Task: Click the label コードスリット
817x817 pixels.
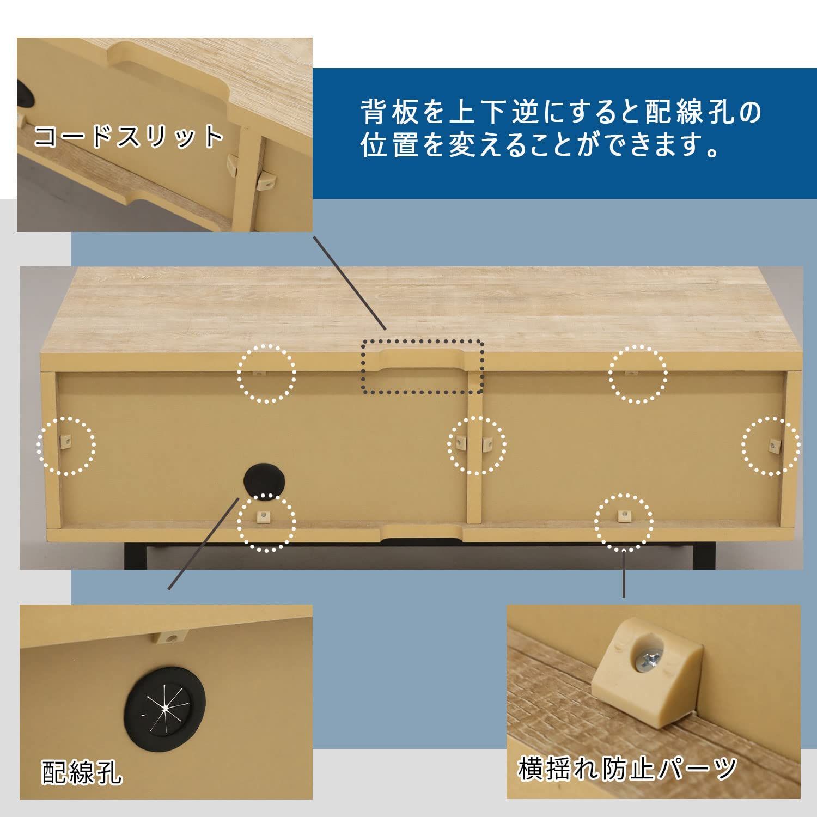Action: pos(129,136)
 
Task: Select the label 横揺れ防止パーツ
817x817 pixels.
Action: pos(627,769)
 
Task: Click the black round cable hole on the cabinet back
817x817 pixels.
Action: pos(265,480)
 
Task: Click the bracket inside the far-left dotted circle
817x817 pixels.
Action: pos(66,441)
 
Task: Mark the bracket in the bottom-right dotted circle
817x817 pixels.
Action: pos(622,515)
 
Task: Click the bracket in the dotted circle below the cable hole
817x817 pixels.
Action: pos(264,515)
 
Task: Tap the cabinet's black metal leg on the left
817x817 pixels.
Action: pos(131,556)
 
